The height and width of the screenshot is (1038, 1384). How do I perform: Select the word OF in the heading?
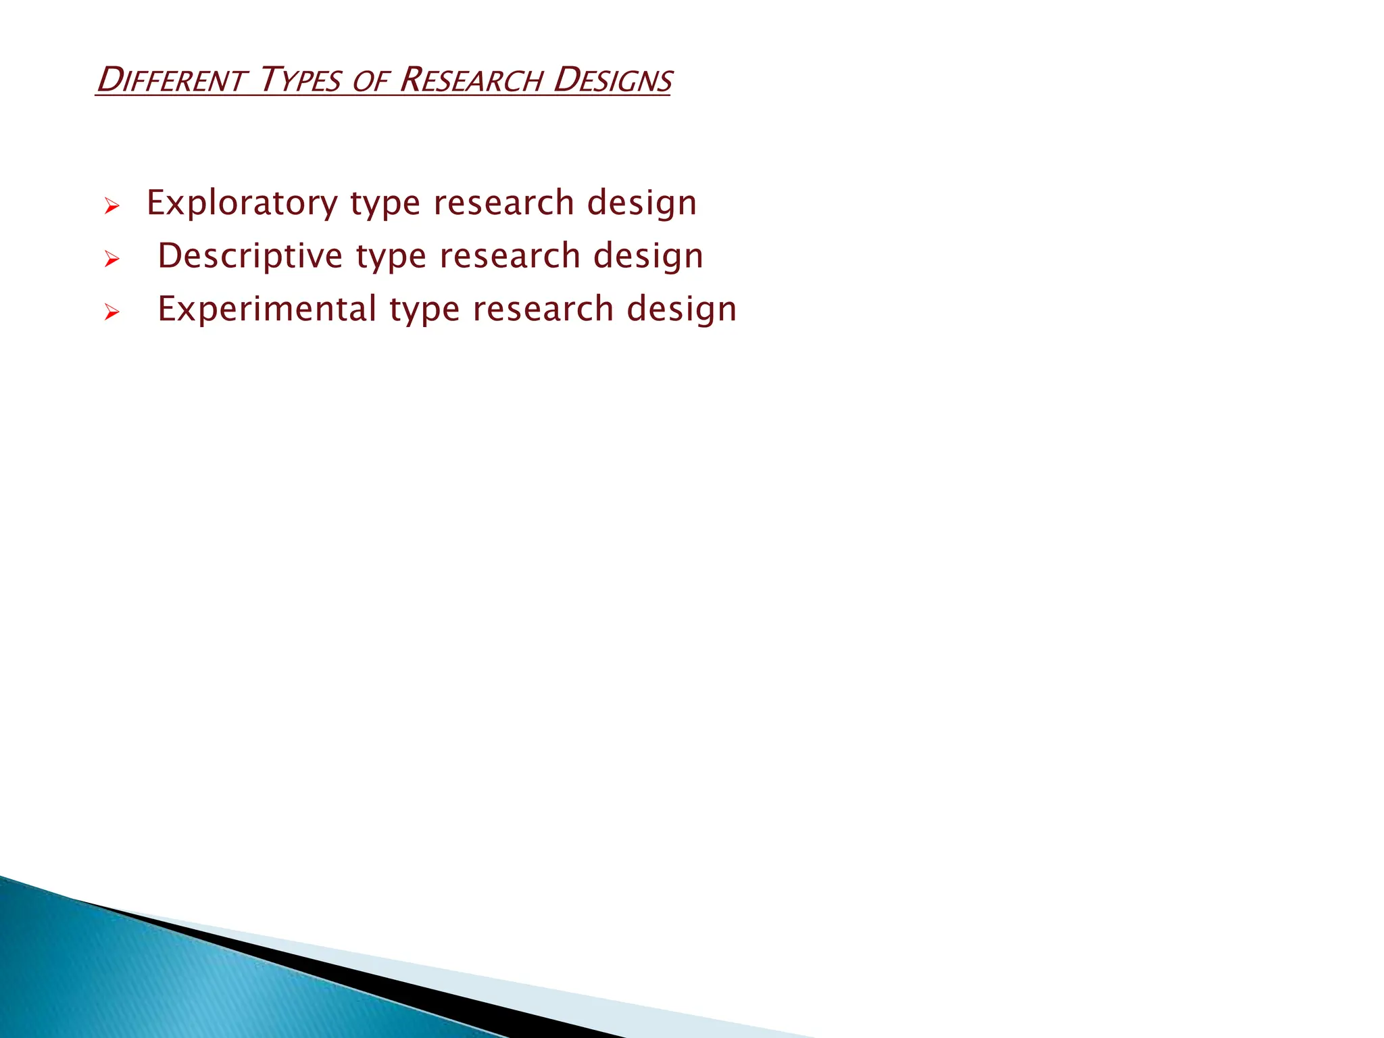pyautogui.click(x=370, y=82)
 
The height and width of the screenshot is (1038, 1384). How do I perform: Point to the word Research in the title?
pyautogui.click(x=470, y=80)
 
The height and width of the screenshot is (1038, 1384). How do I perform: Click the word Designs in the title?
pyautogui.click(x=612, y=80)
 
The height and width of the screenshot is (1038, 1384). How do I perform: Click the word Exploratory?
pyautogui.click(x=242, y=203)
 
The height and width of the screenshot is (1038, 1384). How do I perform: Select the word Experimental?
pyautogui.click(x=267, y=309)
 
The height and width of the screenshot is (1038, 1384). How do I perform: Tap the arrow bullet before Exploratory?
pyautogui.click(x=112, y=205)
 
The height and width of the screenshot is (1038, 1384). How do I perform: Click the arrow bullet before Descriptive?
pyautogui.click(x=112, y=259)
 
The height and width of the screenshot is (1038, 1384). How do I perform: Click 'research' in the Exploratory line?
pyautogui.click(x=503, y=203)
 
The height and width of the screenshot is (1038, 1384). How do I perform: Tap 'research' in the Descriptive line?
pyautogui.click(x=510, y=256)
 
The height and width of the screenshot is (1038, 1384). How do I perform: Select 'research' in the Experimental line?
pyautogui.click(x=543, y=309)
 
